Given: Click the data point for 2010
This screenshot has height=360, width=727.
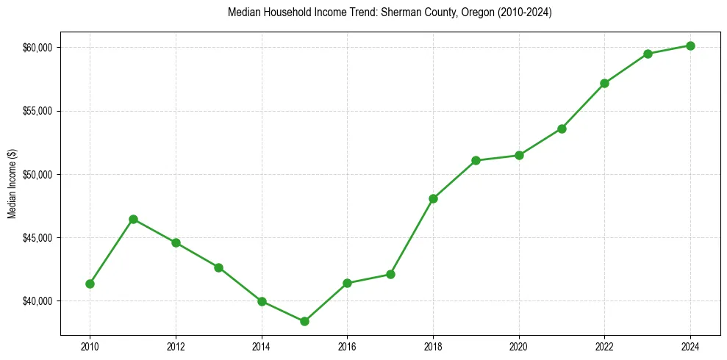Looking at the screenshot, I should click(x=90, y=284).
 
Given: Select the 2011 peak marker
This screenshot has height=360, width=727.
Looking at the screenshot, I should click(x=133, y=219).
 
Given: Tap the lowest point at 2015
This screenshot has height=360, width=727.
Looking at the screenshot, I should click(x=304, y=321).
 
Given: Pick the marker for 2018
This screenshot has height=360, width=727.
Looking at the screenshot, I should click(x=433, y=198).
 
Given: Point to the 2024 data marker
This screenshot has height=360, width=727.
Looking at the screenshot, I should click(x=690, y=46).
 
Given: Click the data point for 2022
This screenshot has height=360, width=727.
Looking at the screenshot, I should click(x=604, y=83).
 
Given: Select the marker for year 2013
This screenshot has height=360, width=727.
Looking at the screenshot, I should click(x=218, y=267).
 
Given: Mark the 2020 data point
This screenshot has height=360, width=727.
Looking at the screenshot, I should click(x=519, y=155).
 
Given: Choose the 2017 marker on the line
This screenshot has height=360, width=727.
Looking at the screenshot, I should click(x=390, y=274).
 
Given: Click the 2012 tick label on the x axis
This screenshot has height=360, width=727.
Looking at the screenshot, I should click(x=176, y=346).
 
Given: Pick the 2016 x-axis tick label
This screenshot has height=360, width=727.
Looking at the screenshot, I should click(x=347, y=346).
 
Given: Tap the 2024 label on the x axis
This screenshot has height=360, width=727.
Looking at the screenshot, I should click(x=690, y=346).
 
